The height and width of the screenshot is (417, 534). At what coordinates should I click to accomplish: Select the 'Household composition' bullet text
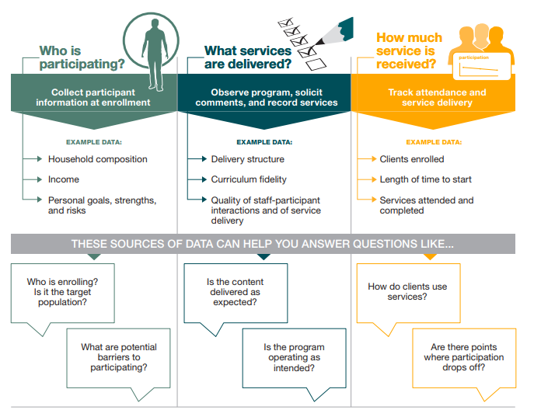click(x=97, y=159)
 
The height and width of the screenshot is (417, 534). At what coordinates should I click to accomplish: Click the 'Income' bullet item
click(x=63, y=179)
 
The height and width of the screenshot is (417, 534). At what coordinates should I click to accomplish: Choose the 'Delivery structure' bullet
click(x=247, y=159)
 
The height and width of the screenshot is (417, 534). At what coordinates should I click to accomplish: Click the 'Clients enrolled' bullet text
click(x=411, y=159)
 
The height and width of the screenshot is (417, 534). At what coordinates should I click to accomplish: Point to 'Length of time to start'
click(x=425, y=179)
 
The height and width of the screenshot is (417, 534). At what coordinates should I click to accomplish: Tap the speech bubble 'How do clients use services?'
click(x=407, y=291)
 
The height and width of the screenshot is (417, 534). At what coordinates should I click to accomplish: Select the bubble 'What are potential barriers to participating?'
click(x=119, y=357)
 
